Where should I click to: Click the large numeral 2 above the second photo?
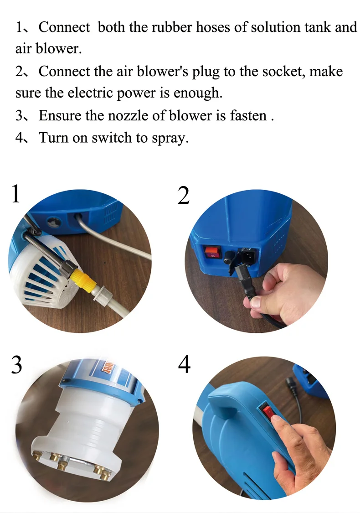[184, 195]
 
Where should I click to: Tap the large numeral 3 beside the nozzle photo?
[16, 364]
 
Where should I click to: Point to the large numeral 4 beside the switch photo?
[184, 364]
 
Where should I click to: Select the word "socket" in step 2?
[281, 71]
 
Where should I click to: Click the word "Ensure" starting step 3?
[60, 115]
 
